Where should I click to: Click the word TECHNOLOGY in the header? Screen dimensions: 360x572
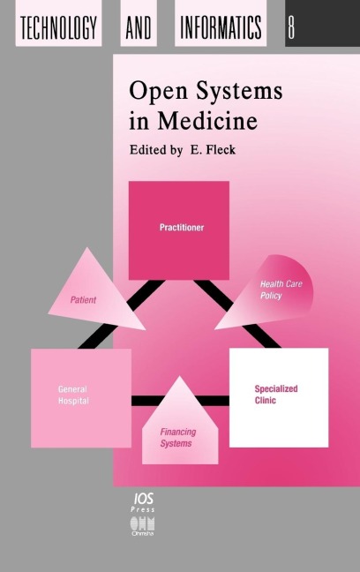58,27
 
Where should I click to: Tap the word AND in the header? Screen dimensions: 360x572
139,27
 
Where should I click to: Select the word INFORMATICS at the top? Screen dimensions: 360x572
221,27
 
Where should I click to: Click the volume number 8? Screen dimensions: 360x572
291,27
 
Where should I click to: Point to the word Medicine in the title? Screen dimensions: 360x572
207,121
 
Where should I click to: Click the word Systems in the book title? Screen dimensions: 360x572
239,92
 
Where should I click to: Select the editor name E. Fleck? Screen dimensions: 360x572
213,149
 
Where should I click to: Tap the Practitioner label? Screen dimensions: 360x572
182,227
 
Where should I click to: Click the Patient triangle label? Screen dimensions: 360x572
83,300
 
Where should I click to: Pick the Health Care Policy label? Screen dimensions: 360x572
281,290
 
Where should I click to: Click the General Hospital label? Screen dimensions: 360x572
73,395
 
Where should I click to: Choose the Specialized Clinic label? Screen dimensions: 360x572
276,395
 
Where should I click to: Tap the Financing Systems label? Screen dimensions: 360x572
177,438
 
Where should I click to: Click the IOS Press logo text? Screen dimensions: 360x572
143,502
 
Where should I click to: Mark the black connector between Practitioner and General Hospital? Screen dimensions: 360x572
121,314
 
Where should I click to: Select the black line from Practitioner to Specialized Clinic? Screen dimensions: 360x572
238,313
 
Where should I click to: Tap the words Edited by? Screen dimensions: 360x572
156,150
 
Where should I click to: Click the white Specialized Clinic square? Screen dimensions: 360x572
279,397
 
